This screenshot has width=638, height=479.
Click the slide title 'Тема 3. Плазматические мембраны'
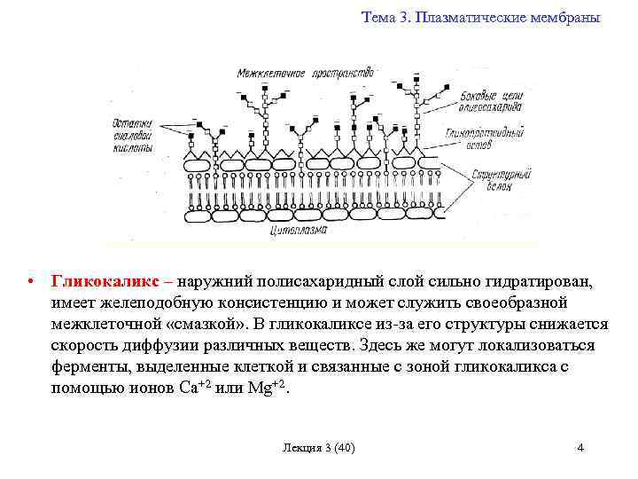[480, 18]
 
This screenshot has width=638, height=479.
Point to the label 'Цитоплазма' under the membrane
[298, 231]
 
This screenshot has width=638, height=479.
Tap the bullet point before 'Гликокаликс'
[30, 281]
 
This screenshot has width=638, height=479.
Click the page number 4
[580, 447]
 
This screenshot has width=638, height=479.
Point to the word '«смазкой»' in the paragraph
[206, 324]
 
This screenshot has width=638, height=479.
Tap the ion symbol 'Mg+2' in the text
[267, 389]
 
